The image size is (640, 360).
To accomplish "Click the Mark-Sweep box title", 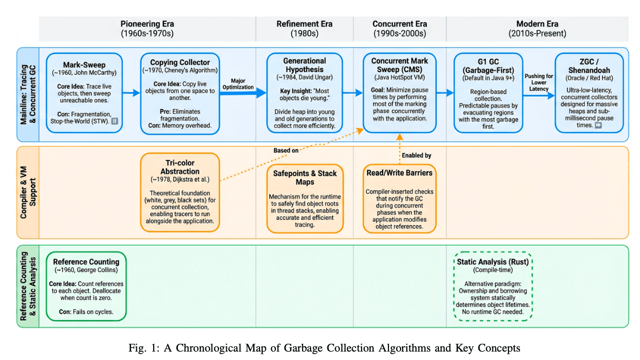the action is tap(84, 65).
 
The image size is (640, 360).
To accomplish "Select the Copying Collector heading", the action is tap(180, 62).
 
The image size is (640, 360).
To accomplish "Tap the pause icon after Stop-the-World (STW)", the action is tap(114, 121).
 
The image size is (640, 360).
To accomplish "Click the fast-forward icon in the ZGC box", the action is tap(598, 125).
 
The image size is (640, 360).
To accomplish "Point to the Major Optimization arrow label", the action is tap(238, 84).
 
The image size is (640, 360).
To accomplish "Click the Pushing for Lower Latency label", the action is tap(538, 82).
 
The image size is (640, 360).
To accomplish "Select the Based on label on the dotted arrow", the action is tap(286, 151).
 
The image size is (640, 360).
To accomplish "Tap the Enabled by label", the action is tap(416, 155).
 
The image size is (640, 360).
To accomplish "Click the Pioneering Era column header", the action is tap(147, 28).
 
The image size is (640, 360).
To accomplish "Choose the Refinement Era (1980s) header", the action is tap(304, 28).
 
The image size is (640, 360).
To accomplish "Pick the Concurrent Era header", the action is tap(399, 28).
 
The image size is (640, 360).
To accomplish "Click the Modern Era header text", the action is tap(537, 28).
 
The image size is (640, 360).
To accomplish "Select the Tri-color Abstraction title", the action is tap(180, 167).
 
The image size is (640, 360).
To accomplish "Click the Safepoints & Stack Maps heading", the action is tap(305, 177).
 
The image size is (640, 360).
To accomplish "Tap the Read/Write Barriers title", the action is tap(399, 173).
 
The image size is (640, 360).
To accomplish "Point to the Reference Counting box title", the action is tap(86, 262).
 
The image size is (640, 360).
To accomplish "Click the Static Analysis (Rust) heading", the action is tap(493, 262).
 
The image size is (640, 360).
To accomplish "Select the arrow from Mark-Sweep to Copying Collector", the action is tap(132, 93).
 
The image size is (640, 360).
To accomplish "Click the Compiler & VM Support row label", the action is tap(28, 192).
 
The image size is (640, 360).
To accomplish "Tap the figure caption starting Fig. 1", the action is tap(324, 348).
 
